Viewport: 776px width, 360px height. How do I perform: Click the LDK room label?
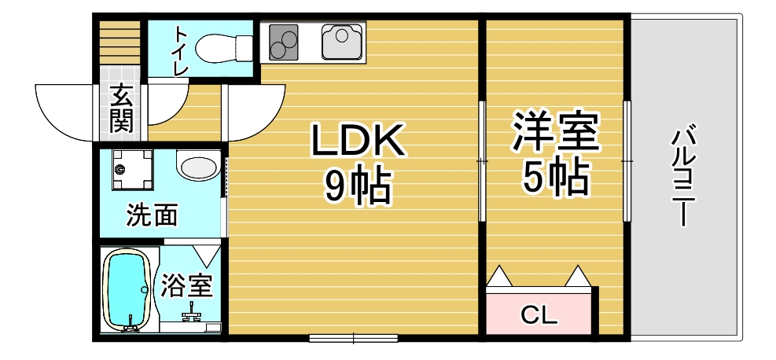tap(358, 141)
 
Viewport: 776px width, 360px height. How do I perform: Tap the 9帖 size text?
tap(358, 186)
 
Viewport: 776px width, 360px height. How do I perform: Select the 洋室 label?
tap(555, 134)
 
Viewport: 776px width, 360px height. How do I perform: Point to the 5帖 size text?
tap(555, 178)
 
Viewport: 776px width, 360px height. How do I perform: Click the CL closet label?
tap(539, 316)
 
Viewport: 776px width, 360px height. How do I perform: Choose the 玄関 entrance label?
tap(121, 109)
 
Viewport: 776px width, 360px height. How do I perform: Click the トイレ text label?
tap(180, 51)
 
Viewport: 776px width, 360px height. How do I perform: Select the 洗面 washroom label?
tap(151, 215)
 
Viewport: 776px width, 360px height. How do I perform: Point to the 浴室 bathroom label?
tap(187, 285)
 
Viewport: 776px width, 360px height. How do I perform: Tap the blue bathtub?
tap(127, 289)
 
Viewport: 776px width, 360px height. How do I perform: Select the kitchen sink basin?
tap(341, 42)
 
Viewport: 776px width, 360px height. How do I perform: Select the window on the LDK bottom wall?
tap(353, 339)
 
